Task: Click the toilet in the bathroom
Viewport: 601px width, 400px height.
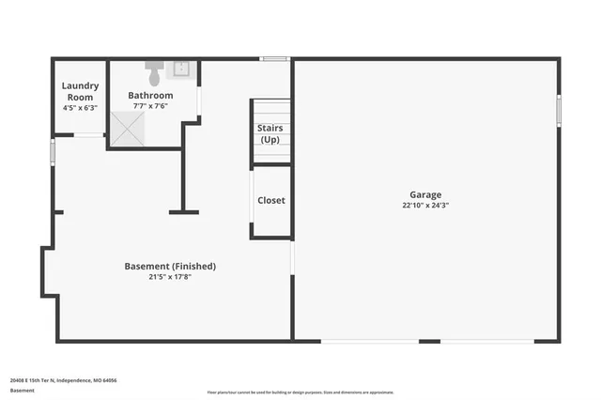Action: [x=155, y=69]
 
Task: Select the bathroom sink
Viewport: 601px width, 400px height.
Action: [x=181, y=68]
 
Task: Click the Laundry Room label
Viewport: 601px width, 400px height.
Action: [x=80, y=91]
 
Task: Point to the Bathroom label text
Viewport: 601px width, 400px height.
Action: [x=150, y=96]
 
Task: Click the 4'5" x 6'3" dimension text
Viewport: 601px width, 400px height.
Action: [x=80, y=108]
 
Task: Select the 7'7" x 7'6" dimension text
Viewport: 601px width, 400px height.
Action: [x=150, y=106]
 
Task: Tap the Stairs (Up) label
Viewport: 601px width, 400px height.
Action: [x=270, y=133]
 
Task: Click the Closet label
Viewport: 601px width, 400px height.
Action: [x=270, y=200]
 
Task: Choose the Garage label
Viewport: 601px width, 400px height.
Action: [x=424, y=195]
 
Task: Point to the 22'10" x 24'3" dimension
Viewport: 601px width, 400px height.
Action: [x=424, y=206]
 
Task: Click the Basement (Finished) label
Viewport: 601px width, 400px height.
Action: [x=170, y=266]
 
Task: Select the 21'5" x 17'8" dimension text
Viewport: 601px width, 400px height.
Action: [x=170, y=277]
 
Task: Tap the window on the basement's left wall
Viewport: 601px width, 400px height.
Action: [x=53, y=151]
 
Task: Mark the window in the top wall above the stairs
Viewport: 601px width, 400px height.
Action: [x=274, y=60]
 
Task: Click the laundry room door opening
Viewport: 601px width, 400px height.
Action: [x=89, y=135]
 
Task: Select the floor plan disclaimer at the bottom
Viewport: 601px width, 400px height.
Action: [x=300, y=392]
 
